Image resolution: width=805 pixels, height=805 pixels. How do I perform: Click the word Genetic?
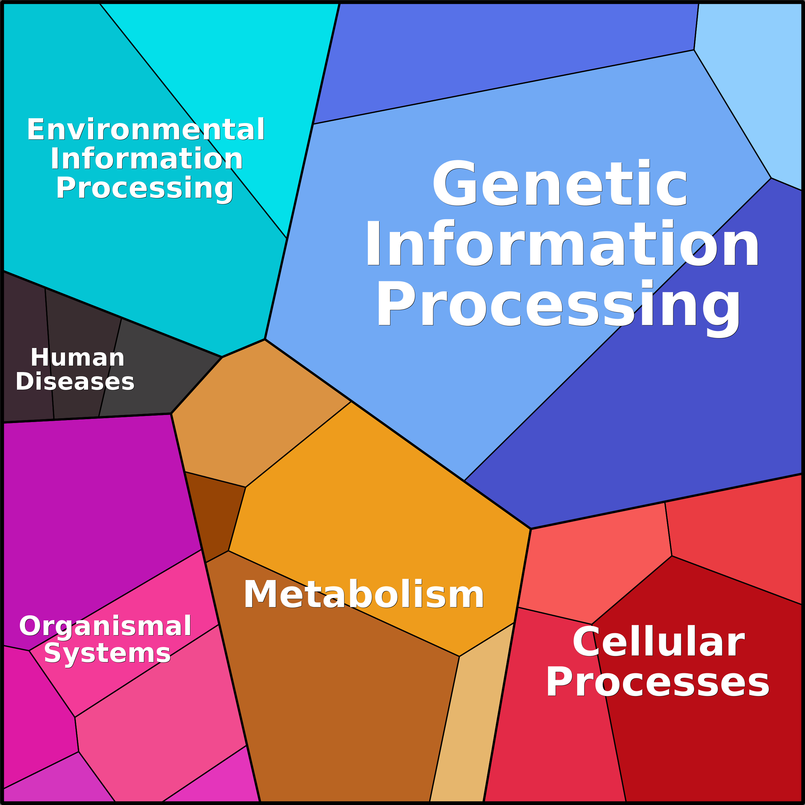(x=560, y=184)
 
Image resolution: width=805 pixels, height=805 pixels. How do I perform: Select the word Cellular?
(x=658, y=643)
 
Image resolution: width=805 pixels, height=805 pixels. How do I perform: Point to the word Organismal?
(x=105, y=626)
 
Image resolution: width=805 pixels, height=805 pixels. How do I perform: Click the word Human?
(x=78, y=358)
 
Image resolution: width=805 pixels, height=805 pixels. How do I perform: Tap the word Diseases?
(x=75, y=381)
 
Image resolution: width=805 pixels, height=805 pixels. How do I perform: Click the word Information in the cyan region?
(x=147, y=159)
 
